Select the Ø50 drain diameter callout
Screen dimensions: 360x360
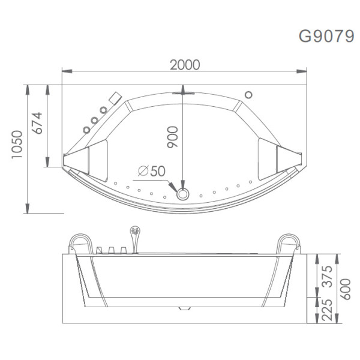[x=151, y=172]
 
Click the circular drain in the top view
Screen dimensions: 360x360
[x=182, y=193]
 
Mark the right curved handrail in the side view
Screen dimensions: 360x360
[x=289, y=241]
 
